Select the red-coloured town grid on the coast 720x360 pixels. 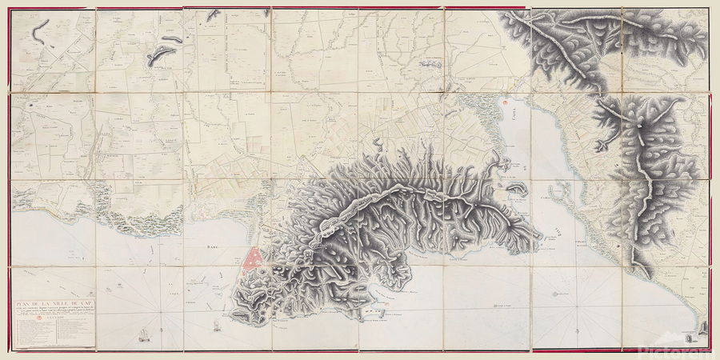[x=255, y=259]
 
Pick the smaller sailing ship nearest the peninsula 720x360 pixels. [x=214, y=325]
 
